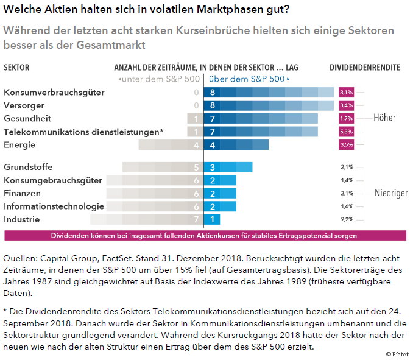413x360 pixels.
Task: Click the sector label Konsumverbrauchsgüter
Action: [x=54, y=93]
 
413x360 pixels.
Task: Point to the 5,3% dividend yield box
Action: [x=347, y=132]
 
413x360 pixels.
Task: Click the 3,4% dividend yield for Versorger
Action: [x=347, y=105]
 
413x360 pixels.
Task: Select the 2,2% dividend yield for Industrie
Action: [x=347, y=219]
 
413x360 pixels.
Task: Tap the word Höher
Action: [x=384, y=118]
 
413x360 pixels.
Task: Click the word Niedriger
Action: [x=391, y=193]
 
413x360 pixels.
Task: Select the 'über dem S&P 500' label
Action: [x=249, y=79]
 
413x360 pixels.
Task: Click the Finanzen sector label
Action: [x=22, y=193]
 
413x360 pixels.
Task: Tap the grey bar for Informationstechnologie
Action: [x=153, y=206]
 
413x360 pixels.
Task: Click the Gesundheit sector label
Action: [x=27, y=118]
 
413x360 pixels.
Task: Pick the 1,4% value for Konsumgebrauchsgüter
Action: [x=347, y=180]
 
